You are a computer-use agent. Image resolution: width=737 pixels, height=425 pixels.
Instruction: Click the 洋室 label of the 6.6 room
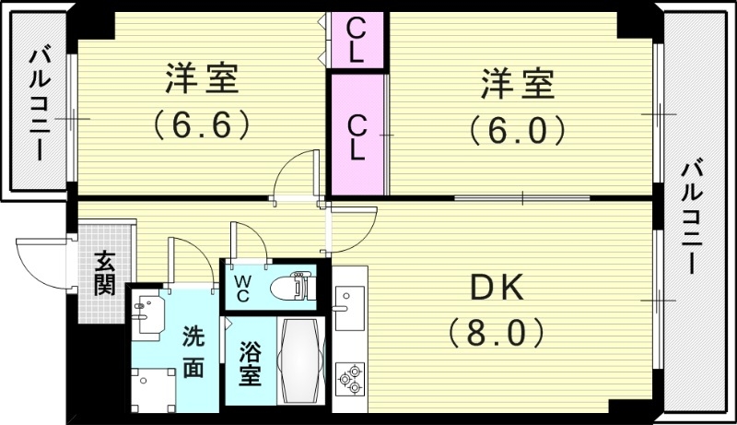(x=202, y=81)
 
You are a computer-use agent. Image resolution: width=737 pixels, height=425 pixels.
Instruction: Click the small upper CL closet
(x=357, y=39)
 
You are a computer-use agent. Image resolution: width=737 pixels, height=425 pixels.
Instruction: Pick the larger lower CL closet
(x=357, y=135)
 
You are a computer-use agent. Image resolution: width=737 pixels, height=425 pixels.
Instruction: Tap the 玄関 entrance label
(x=103, y=273)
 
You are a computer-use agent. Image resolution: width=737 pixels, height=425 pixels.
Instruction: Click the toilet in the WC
(x=295, y=286)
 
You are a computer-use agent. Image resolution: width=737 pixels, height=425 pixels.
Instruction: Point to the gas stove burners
(x=351, y=378)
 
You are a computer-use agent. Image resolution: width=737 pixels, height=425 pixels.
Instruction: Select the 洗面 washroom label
(x=192, y=351)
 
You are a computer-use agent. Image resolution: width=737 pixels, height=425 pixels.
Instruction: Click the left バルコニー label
(x=40, y=103)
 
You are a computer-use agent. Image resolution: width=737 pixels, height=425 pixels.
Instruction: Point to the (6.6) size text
(x=203, y=124)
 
